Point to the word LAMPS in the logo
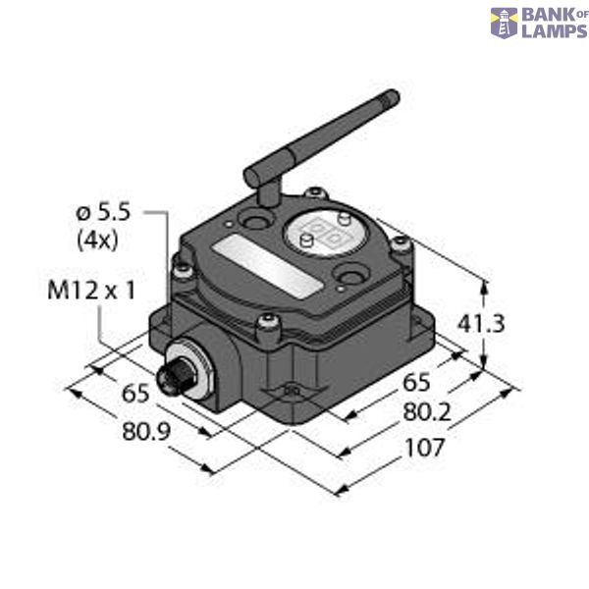point(554,30)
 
